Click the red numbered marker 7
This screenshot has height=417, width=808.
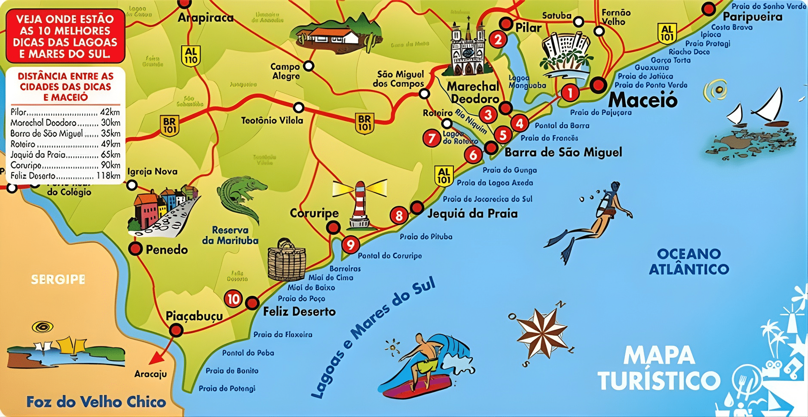pyautogui.click(x=431, y=138)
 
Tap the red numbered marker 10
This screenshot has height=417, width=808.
pyautogui.click(x=233, y=299)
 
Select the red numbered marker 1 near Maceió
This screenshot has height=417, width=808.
pyautogui.click(x=570, y=92)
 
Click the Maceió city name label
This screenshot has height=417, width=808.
pyautogui.click(x=643, y=100)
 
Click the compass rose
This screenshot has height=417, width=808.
pyautogui.click(x=542, y=333)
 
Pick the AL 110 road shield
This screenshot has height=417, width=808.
pyautogui.click(x=191, y=56)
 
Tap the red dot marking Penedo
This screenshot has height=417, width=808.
pyautogui.click(x=136, y=248)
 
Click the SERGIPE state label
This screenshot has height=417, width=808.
pyautogui.click(x=58, y=279)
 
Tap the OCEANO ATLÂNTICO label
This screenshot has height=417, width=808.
pyautogui.click(x=689, y=261)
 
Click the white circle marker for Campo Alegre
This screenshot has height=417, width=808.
pyautogui.click(x=309, y=66)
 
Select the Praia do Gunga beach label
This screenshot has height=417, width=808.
pyautogui.click(x=510, y=170)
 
